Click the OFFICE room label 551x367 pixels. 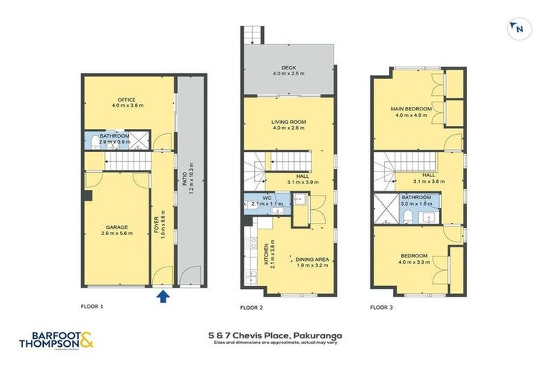[x=127, y=100]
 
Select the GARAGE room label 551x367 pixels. [x=117, y=227]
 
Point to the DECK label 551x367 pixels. [x=288, y=67]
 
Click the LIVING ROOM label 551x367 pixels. [x=288, y=123]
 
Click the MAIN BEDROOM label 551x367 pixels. [x=408, y=109]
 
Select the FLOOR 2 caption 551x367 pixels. [x=253, y=307]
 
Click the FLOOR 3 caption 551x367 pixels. [x=382, y=307]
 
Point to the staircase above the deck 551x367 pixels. [x=250, y=35]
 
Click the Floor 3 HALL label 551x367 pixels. [x=428, y=174]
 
